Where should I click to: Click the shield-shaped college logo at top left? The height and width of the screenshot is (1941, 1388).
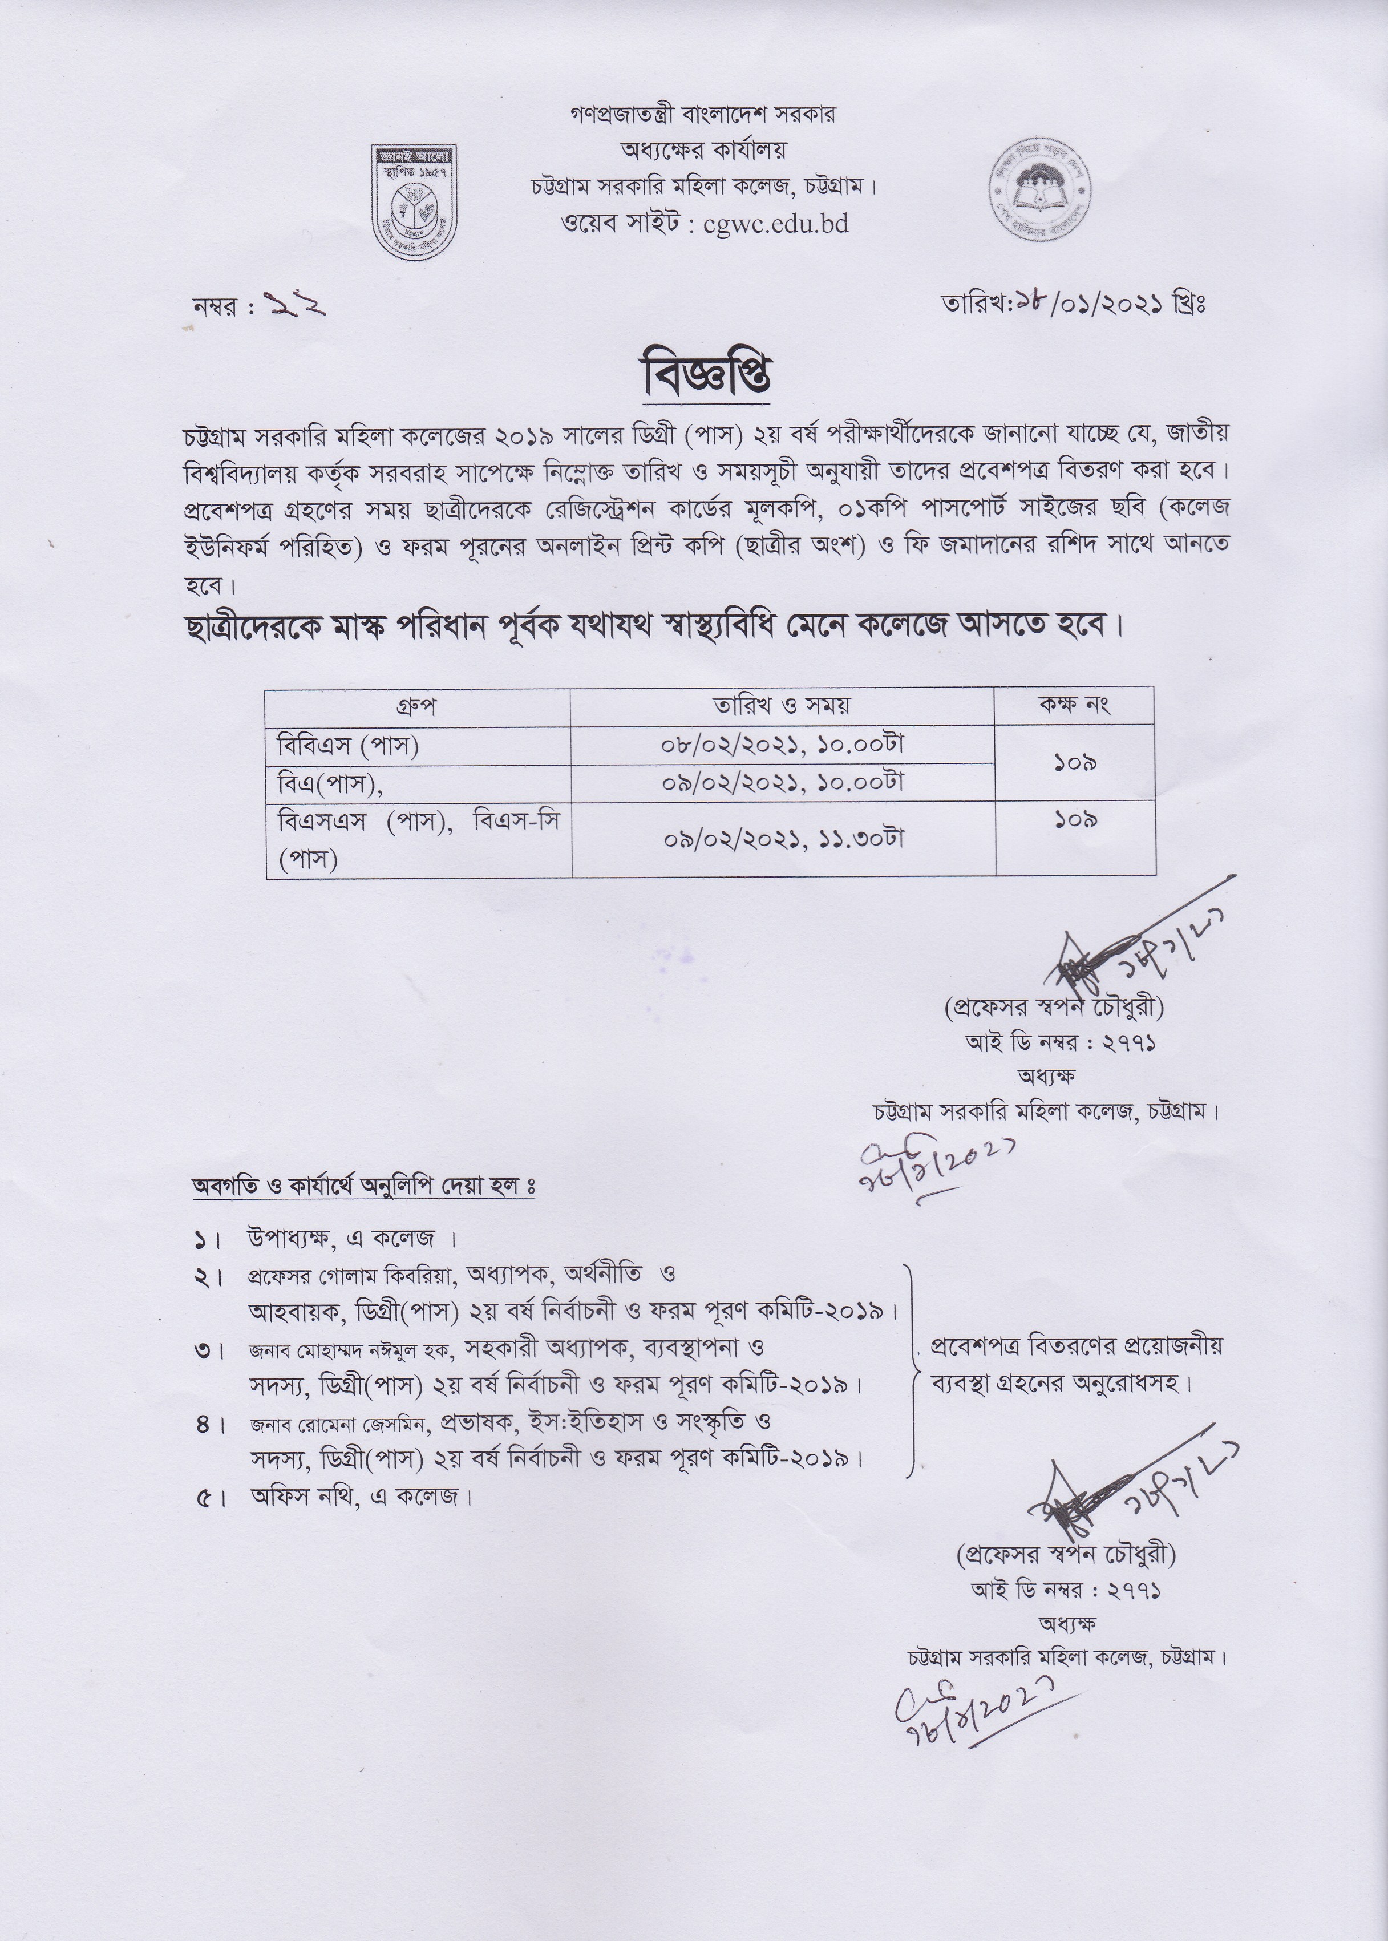tap(414, 202)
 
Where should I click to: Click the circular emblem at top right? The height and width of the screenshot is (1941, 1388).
tap(1042, 190)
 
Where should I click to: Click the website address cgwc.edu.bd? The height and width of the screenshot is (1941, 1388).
tap(775, 224)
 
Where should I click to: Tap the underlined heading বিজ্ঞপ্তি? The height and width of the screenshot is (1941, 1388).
tap(707, 377)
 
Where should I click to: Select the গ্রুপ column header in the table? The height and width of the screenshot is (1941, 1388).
tap(417, 707)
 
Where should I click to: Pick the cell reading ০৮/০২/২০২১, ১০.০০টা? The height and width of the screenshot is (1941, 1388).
tap(782, 745)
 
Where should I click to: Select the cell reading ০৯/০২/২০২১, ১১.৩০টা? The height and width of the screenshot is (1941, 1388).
tap(782, 839)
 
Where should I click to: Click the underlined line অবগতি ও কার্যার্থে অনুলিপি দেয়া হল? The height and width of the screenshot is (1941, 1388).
tap(363, 1187)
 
